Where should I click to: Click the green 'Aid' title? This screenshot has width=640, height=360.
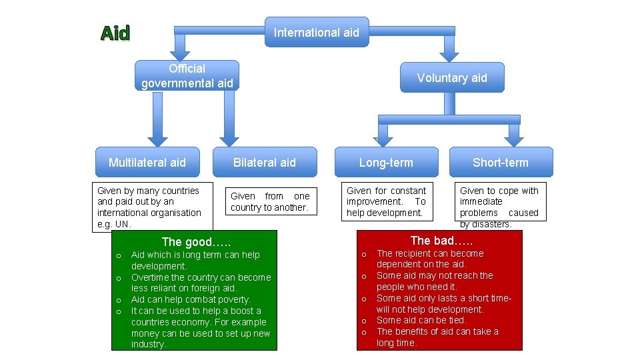[115, 33]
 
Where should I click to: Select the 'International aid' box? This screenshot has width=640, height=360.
[316, 32]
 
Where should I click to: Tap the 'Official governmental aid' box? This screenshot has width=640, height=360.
[187, 76]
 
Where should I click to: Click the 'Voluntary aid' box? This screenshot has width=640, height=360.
[451, 77]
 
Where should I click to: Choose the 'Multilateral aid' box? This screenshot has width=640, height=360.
[147, 162]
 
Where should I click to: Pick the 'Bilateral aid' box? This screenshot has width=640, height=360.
[264, 162]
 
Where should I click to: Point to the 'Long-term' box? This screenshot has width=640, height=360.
[385, 162]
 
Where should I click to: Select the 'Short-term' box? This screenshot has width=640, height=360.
[500, 162]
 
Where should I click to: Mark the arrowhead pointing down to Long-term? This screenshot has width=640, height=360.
[386, 137]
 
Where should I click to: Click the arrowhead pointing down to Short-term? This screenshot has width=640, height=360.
[513, 137]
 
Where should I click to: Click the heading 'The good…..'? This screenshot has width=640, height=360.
[196, 242]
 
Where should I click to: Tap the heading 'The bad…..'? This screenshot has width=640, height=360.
[441, 241]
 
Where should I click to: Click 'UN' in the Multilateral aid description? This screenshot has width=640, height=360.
[122, 224]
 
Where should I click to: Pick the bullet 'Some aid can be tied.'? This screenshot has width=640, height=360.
[421, 321]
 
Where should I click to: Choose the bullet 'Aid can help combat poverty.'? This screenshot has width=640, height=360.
[191, 299]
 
